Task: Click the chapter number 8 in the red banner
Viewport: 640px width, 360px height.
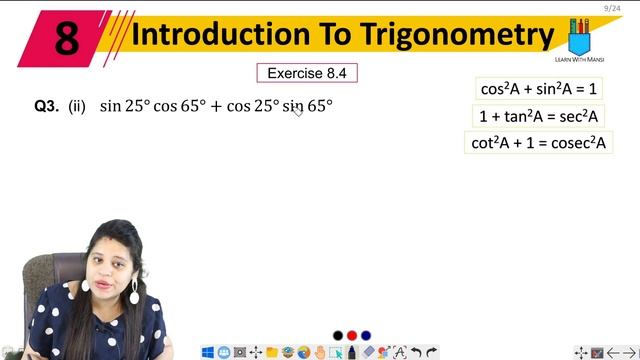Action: (67, 38)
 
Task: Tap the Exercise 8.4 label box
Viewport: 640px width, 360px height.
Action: (307, 73)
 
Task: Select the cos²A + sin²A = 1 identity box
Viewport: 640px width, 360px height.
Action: (538, 89)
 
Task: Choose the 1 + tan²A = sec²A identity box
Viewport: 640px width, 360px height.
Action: (538, 116)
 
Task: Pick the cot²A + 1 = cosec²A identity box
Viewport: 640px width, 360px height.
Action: (539, 142)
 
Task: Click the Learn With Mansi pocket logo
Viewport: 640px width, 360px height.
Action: (579, 38)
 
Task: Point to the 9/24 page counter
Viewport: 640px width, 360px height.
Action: (612, 8)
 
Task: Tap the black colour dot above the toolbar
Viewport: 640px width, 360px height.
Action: (338, 335)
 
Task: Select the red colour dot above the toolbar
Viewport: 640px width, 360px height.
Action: (352, 335)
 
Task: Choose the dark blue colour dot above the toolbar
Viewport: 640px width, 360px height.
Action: (366, 335)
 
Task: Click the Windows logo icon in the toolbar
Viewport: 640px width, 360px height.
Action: (208, 352)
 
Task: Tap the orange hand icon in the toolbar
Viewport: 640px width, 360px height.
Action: (320, 352)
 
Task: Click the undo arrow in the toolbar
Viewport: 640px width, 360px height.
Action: (416, 352)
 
